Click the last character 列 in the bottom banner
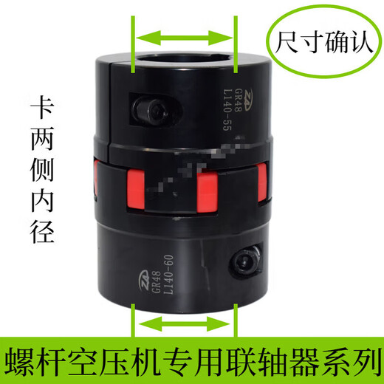[362, 362]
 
